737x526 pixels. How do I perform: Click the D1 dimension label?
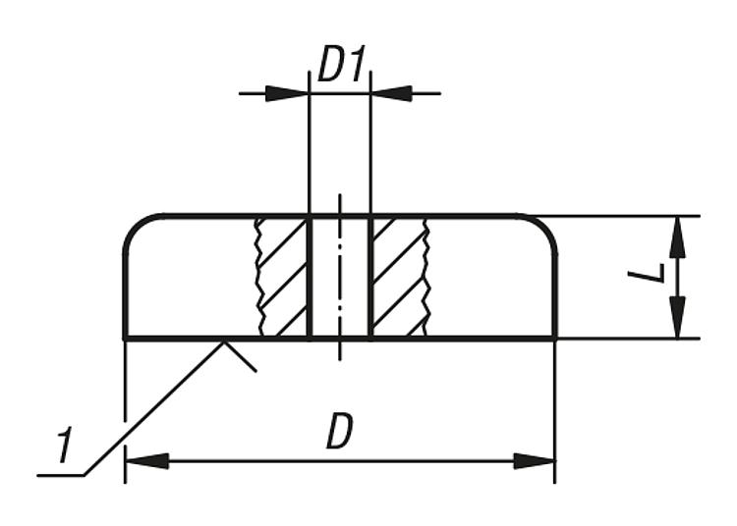click(x=341, y=64)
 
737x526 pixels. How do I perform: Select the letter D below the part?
click(x=339, y=431)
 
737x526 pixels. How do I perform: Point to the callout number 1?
click(x=65, y=445)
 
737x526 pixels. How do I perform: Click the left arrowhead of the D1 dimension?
click(x=287, y=93)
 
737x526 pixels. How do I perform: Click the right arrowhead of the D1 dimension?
click(x=392, y=93)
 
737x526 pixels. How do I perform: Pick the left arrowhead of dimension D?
click(x=147, y=461)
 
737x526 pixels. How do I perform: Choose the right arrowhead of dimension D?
click(x=535, y=461)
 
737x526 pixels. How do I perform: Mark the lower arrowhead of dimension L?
click(x=677, y=317)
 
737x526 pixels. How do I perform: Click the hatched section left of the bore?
click(x=282, y=277)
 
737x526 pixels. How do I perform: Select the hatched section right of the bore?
click(x=400, y=277)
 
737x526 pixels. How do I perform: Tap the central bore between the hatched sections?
click(x=340, y=277)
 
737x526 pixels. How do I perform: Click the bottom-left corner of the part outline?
click(x=125, y=338)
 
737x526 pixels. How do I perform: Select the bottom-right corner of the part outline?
click(x=556, y=338)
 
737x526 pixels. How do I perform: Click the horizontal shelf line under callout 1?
click(x=61, y=475)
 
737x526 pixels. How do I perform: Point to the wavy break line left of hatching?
click(x=258, y=277)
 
